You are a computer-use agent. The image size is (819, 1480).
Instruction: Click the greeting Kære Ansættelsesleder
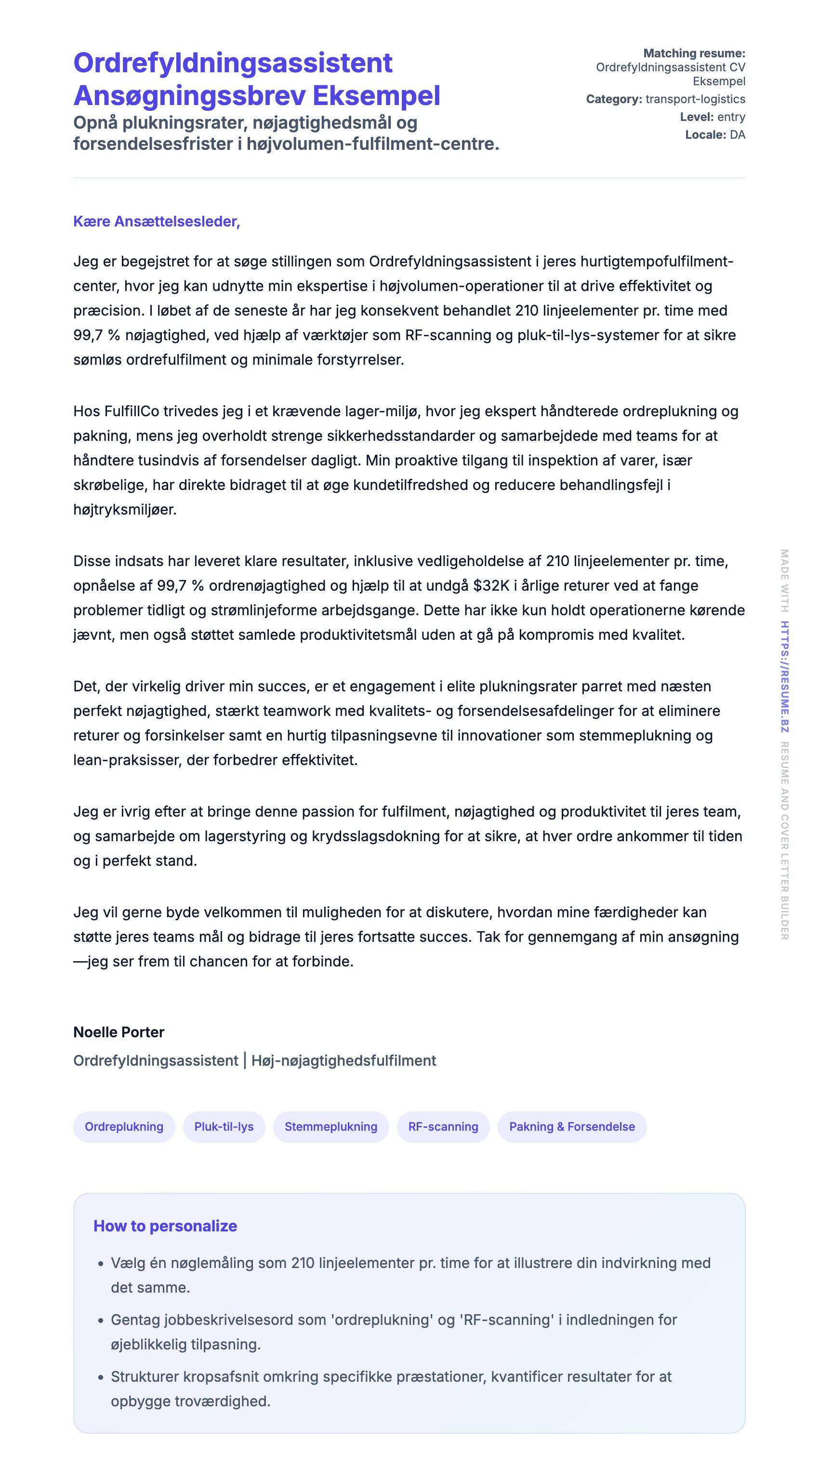click(156, 222)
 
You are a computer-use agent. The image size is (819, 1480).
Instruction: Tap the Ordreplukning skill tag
click(124, 1127)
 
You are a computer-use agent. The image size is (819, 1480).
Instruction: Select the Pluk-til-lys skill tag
click(224, 1127)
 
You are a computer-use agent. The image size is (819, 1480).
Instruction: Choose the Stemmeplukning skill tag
click(331, 1127)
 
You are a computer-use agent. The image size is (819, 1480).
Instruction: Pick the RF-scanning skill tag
click(443, 1127)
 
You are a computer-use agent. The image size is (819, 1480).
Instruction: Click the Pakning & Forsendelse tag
click(572, 1127)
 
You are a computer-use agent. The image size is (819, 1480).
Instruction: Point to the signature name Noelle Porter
click(119, 1032)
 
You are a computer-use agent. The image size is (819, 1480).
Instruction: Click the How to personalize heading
click(165, 1226)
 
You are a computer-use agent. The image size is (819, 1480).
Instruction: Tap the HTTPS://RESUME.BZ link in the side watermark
click(784, 677)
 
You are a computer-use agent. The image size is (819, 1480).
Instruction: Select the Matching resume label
click(694, 53)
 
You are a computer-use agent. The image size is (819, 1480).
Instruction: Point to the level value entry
click(731, 117)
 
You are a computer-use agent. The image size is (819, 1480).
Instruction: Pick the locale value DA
click(738, 135)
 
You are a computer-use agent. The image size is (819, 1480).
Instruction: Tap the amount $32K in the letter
click(491, 586)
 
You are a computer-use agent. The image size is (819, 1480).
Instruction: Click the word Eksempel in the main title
click(376, 96)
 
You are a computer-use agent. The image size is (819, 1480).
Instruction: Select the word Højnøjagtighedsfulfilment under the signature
click(343, 1060)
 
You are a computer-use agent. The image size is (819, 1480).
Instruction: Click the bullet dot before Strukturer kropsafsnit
click(101, 1378)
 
